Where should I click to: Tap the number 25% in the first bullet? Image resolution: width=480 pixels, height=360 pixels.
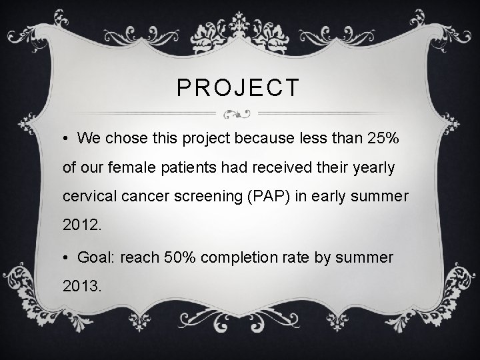coord(383,138)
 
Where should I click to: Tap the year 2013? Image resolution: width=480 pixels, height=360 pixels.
coord(81,287)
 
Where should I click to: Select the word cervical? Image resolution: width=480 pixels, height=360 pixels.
coord(87,198)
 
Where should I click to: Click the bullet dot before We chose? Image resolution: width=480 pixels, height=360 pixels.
coord(67,139)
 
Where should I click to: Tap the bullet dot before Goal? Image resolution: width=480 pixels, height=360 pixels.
coord(67,257)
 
